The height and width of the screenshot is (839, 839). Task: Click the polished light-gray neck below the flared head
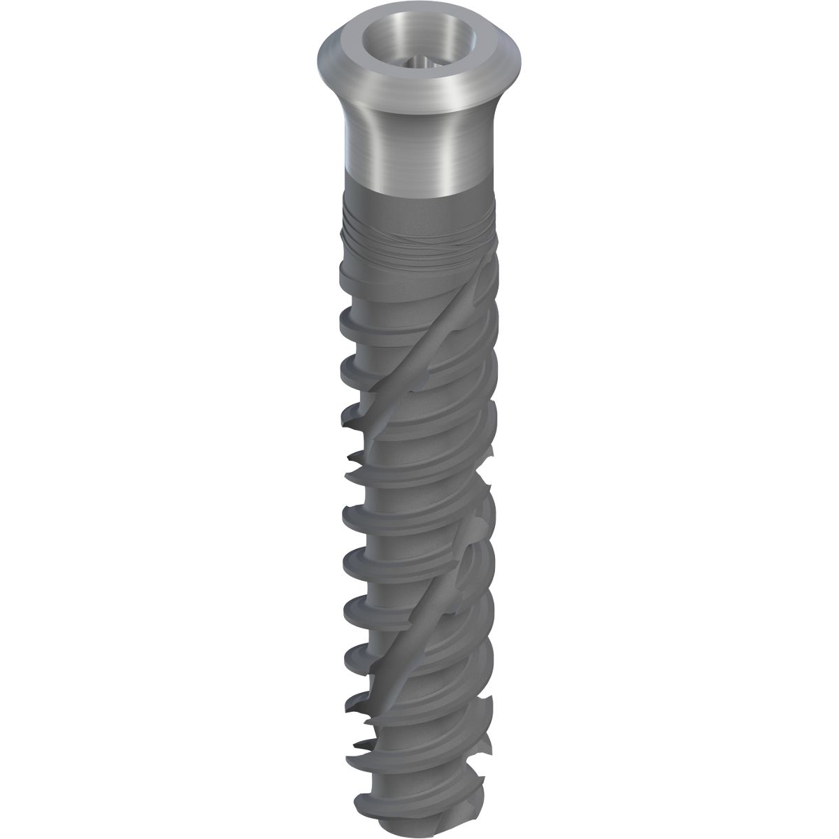pos(399,147)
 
